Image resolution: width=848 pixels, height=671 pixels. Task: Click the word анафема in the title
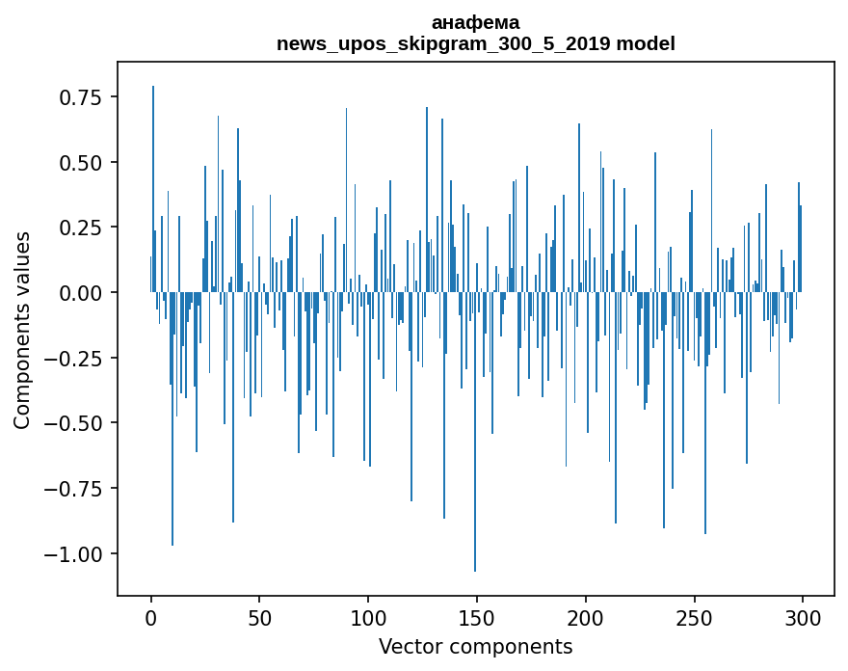[475, 22]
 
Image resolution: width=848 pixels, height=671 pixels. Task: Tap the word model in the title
[652, 43]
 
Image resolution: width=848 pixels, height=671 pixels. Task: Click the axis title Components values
[22, 330]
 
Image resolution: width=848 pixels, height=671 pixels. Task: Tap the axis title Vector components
[475, 647]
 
